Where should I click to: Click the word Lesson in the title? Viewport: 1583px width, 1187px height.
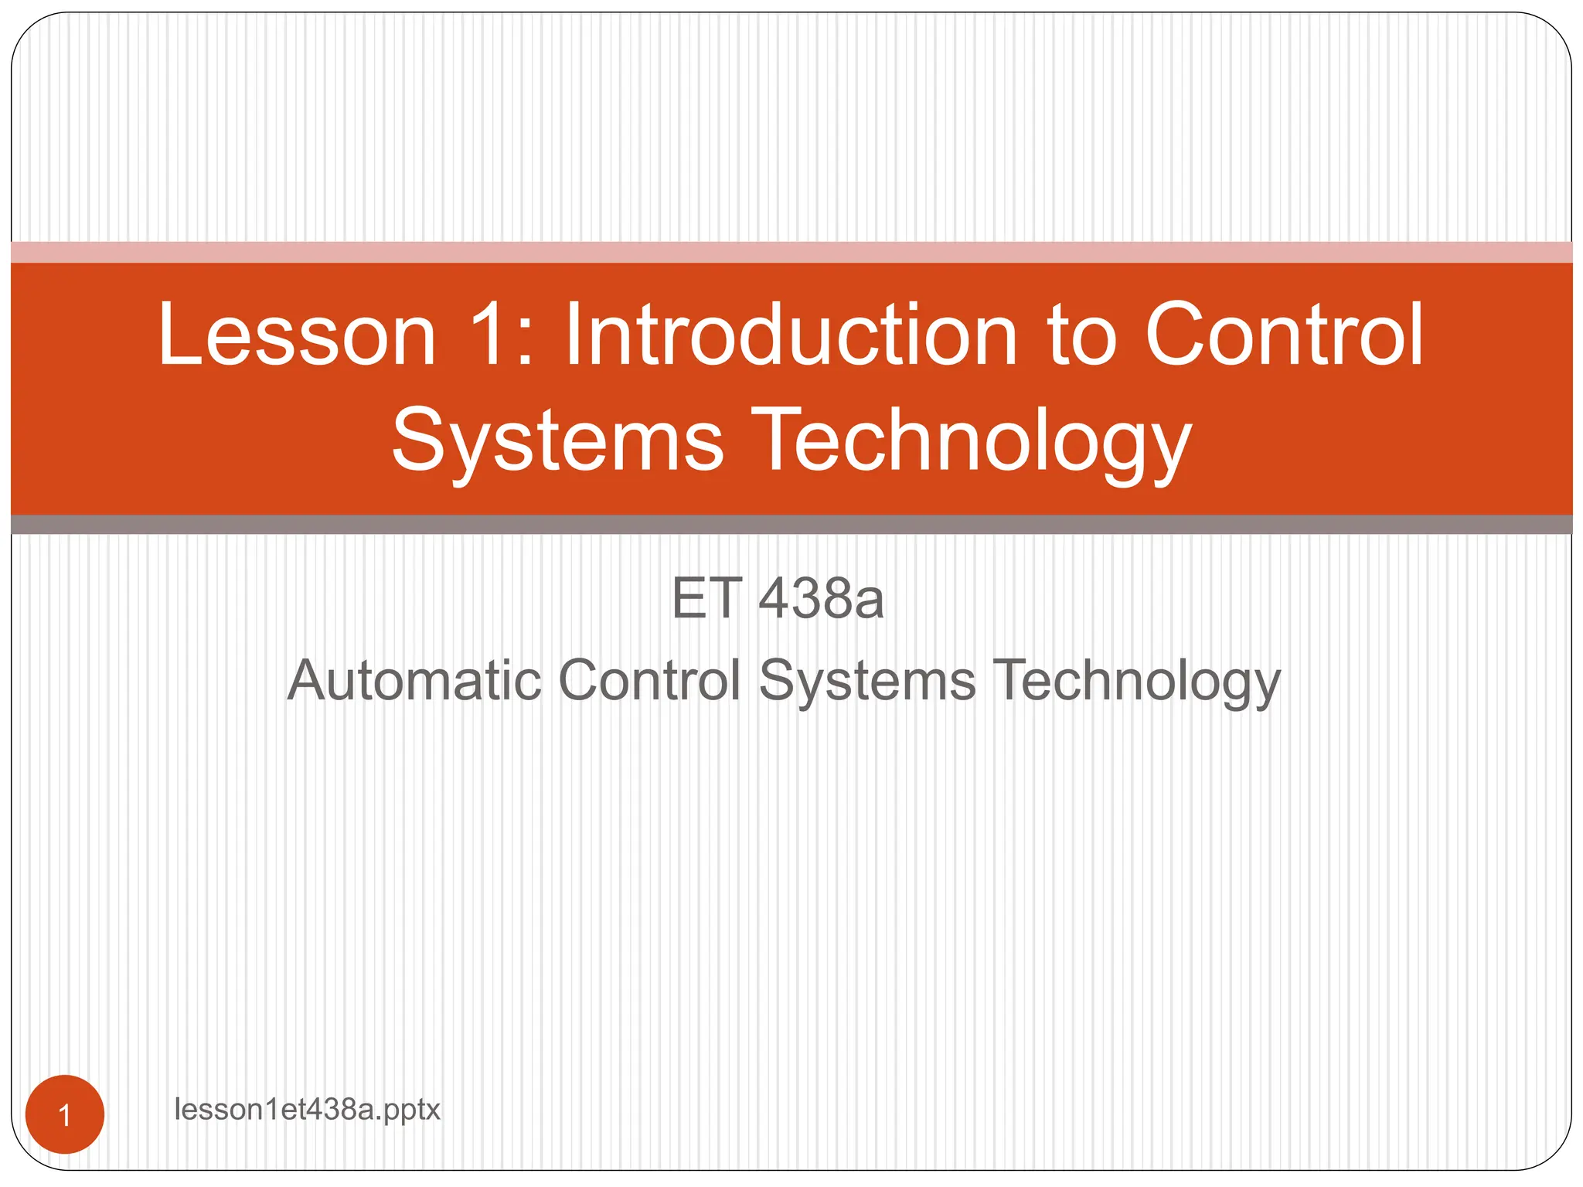(298, 335)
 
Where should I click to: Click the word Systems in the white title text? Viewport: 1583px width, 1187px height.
(557, 440)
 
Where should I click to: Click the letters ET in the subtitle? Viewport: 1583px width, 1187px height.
(706, 599)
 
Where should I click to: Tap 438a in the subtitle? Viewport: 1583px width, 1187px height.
(821, 599)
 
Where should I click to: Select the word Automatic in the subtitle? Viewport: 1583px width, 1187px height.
(414, 680)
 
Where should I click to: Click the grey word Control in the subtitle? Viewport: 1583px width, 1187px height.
(649, 680)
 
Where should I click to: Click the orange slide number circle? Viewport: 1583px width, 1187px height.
(65, 1114)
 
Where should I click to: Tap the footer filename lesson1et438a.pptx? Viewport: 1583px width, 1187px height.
(307, 1110)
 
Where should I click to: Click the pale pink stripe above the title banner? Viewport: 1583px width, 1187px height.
(791, 252)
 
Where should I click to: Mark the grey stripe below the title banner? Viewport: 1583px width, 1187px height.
(791, 525)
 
